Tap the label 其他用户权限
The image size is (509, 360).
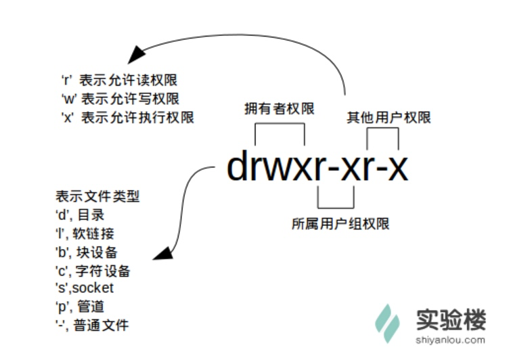[389, 117]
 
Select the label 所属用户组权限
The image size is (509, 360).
[340, 223]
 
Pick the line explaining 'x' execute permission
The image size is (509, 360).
[127, 118]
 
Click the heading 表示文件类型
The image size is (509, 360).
[97, 197]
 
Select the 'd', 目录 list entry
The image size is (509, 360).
[80, 215]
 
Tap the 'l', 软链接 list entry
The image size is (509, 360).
[85, 233]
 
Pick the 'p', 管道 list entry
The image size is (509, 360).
[80, 307]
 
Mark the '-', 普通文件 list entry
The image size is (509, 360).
[91, 325]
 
